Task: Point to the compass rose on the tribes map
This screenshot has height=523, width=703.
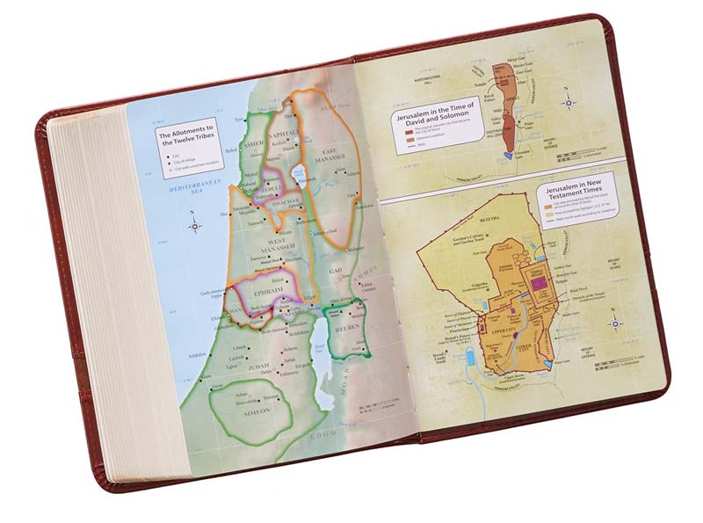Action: pyautogui.click(x=194, y=226)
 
